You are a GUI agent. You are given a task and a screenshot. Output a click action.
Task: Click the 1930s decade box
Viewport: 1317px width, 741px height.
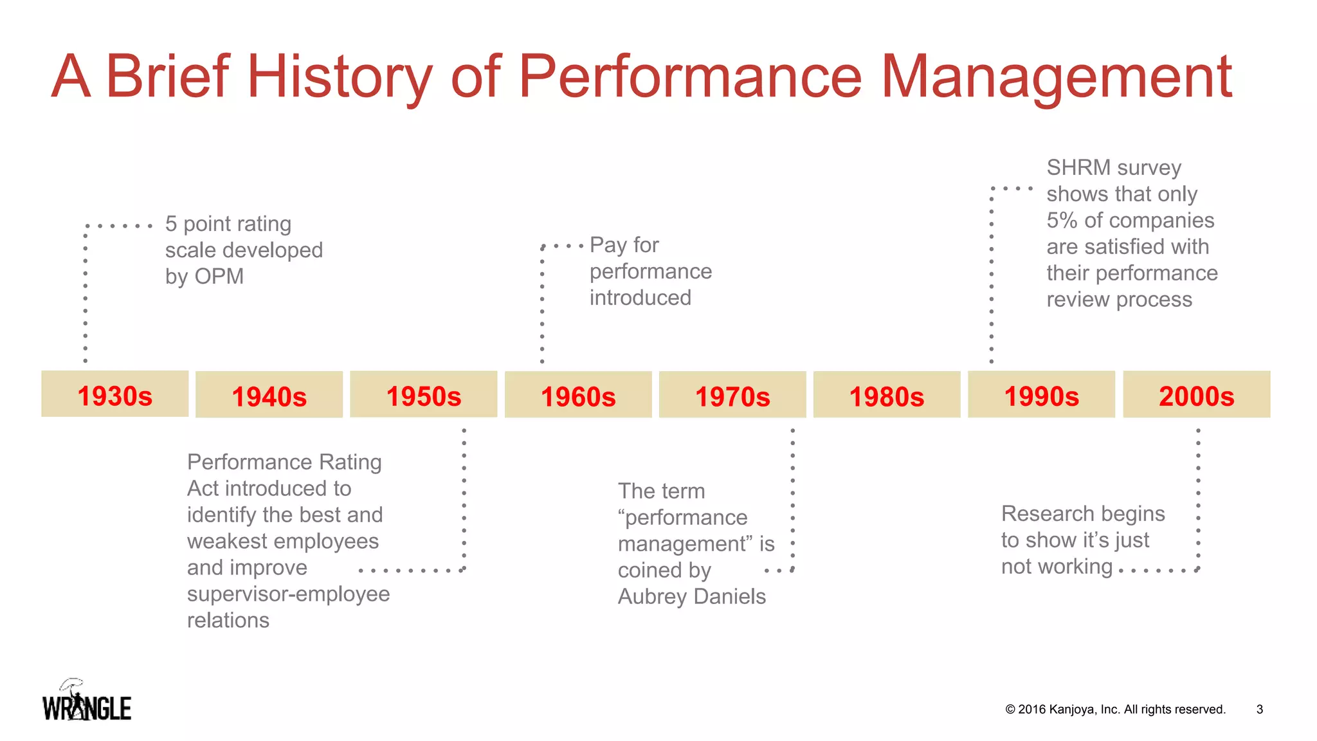click(x=114, y=394)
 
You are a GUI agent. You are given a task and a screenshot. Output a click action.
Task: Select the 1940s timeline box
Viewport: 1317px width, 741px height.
click(x=269, y=395)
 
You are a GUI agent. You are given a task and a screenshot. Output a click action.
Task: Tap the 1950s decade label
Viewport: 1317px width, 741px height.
click(x=423, y=395)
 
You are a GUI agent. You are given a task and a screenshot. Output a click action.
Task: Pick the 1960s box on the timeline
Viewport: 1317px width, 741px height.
click(x=578, y=395)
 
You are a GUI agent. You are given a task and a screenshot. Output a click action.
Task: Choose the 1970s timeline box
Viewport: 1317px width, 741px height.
click(x=732, y=395)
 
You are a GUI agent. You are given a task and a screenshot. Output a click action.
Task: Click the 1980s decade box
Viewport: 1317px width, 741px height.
click(x=887, y=395)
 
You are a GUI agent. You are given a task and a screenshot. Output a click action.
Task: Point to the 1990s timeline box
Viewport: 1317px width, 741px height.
click(x=1041, y=395)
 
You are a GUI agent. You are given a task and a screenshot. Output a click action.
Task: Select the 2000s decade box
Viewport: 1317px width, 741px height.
click(x=1196, y=395)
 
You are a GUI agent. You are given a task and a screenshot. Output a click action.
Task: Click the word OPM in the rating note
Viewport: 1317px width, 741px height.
click(x=219, y=277)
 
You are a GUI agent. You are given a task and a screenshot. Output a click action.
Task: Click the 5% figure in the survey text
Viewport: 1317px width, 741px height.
click(x=1062, y=221)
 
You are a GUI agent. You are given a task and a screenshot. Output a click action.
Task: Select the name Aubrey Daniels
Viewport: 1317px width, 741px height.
click(x=691, y=597)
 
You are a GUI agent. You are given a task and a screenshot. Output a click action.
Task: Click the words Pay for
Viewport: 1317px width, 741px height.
click(x=624, y=245)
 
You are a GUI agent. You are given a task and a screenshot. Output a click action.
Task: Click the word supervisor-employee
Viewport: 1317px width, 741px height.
click(x=288, y=594)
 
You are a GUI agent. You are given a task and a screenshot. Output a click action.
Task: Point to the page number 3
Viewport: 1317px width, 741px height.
click(x=1259, y=709)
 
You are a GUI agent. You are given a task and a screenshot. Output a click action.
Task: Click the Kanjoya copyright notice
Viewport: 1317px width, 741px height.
click(x=1115, y=709)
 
